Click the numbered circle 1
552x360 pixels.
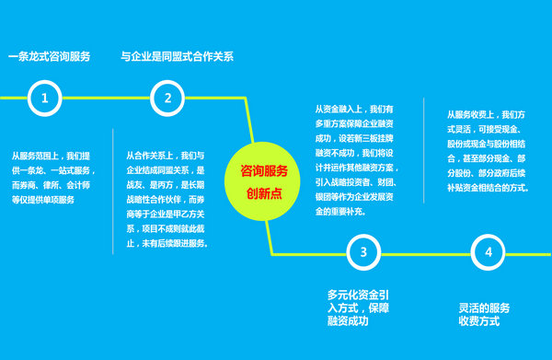[x=46, y=97]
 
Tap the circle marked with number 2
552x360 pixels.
[x=167, y=97]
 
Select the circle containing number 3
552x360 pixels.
[x=364, y=251]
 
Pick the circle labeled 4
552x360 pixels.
[x=488, y=251]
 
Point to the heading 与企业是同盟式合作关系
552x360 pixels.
[x=178, y=57]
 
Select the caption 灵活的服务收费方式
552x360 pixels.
[x=484, y=314]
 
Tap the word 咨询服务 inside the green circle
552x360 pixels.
[x=264, y=170]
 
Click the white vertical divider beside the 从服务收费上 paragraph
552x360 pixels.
[x=424, y=151]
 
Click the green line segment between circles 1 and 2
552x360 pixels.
[x=107, y=97]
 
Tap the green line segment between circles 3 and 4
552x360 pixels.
[x=426, y=251]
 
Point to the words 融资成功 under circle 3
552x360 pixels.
[x=349, y=321]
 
